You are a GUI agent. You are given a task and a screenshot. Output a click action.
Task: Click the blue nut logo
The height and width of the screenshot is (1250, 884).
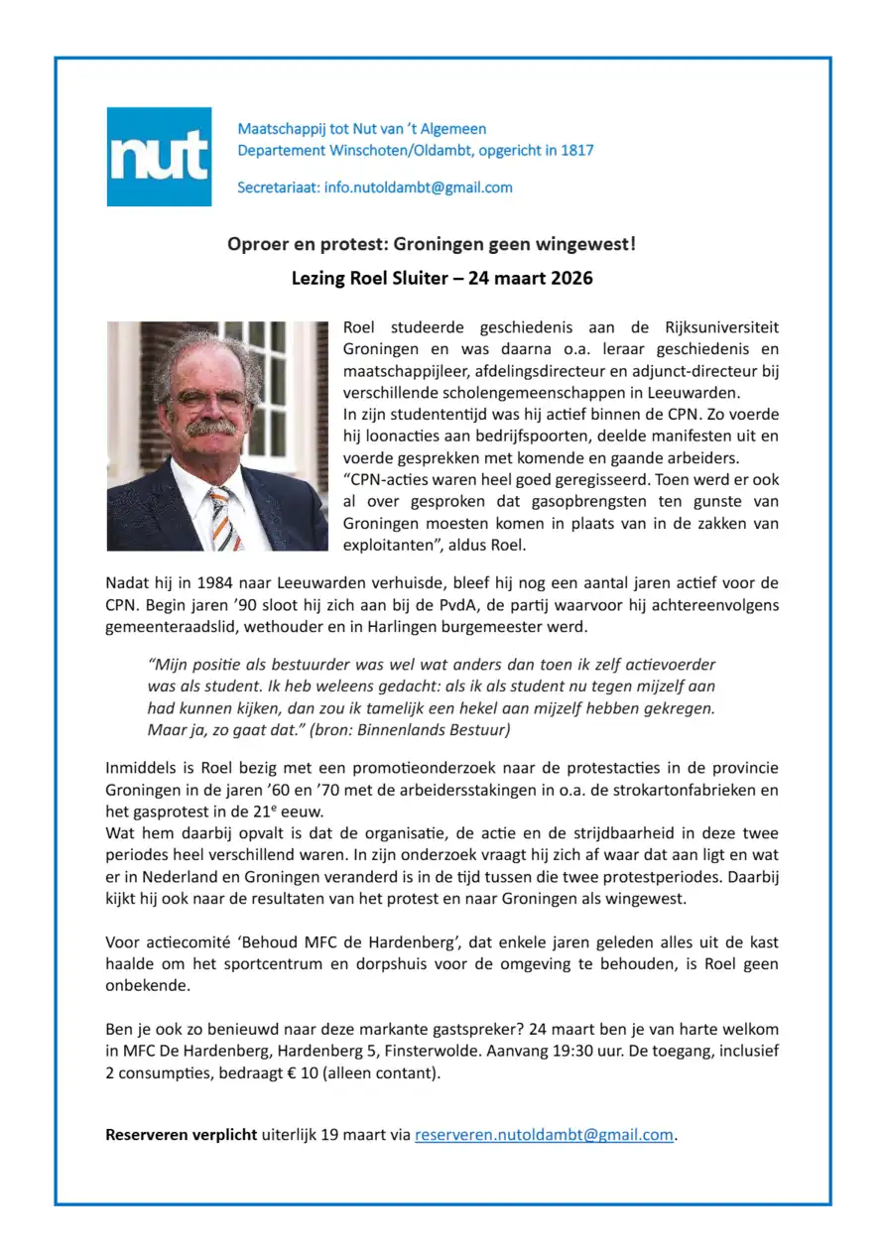coord(159,157)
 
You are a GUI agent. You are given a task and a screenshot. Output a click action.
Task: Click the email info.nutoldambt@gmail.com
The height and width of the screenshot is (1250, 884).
coord(419,187)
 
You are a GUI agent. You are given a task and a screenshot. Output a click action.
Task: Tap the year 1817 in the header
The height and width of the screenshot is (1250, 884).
coord(575,151)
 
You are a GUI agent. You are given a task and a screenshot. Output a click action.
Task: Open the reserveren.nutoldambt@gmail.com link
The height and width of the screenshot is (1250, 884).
coord(544,1135)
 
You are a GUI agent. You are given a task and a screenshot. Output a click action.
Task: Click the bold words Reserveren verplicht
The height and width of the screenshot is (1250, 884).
coord(182,1135)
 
